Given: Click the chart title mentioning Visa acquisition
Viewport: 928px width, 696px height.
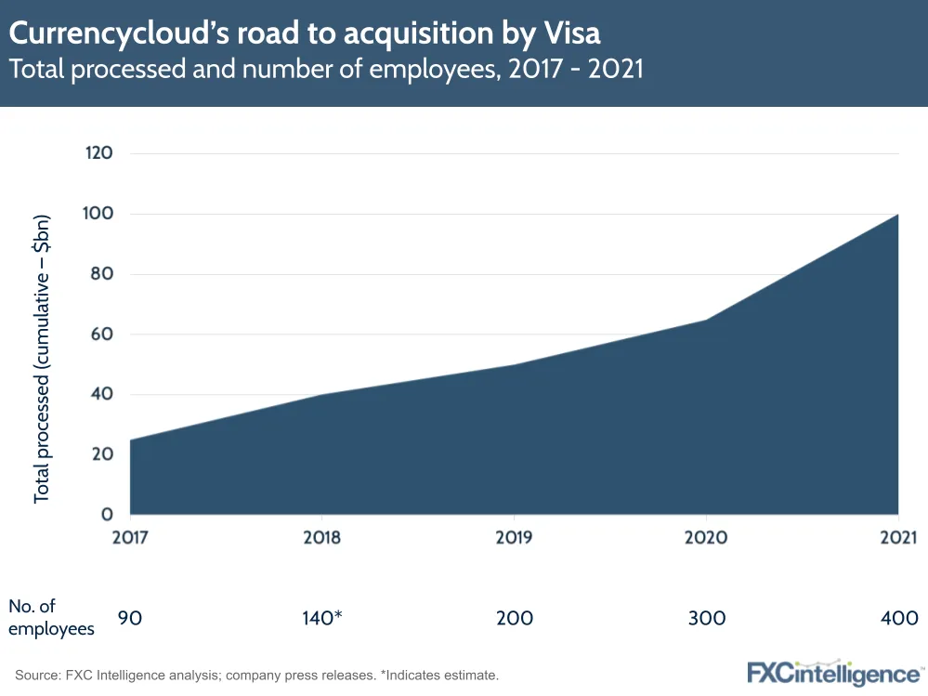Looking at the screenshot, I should point(305,33).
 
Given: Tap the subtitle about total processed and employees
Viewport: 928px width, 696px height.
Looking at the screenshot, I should point(326,71).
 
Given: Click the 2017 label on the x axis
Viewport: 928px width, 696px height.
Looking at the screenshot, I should point(130,538).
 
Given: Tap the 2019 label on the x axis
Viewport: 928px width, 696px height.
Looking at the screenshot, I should point(514,538).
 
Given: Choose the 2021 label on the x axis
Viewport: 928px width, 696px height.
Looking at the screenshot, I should point(897,538).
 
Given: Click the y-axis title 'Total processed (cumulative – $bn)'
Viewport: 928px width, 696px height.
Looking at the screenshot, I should point(42,360).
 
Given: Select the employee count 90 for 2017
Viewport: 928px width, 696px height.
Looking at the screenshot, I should point(130,618).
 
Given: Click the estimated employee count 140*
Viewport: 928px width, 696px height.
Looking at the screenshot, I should point(321,618).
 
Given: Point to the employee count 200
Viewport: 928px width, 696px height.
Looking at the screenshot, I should point(514,618).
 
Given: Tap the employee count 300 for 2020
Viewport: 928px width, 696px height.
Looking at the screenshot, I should point(706,618).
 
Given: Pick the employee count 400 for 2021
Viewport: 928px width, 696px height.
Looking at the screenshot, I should point(897,618).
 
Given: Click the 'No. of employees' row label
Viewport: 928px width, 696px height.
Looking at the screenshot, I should point(51,617).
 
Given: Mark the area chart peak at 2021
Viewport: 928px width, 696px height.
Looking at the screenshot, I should point(897,215).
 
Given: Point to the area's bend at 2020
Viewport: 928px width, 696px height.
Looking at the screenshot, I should point(706,321).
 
